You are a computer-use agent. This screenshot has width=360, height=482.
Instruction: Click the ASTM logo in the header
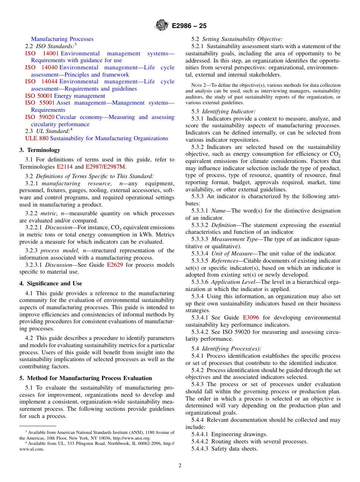[x=162, y=25]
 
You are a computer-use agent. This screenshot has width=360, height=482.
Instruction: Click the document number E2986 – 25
[x=189, y=26]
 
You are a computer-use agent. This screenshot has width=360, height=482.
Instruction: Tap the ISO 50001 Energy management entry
[x=65, y=96]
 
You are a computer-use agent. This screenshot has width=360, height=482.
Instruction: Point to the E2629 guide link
[x=115, y=264]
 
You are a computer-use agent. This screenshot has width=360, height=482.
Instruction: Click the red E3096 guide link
[x=251, y=318]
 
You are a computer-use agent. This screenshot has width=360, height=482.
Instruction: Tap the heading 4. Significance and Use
[x=51, y=283]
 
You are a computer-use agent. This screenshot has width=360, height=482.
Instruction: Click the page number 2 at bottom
[x=180, y=466]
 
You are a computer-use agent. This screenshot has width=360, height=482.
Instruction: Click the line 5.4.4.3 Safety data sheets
[x=224, y=449]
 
